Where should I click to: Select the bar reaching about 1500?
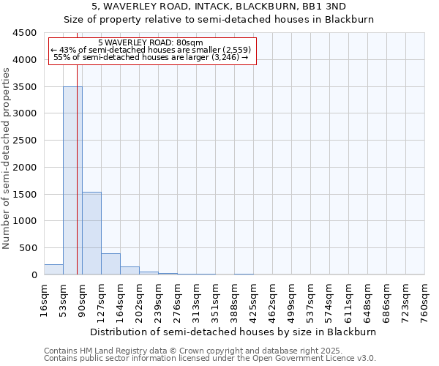coord(91,234)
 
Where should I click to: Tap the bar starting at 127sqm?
coord(110,264)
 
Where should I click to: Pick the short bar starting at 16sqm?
coord(53,269)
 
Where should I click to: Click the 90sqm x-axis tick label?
coord(83,296)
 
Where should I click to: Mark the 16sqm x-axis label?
coord(45,296)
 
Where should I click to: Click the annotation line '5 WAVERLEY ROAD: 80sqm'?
coord(151,43)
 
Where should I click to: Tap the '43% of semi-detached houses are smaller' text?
coord(151,51)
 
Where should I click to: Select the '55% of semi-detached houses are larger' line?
coord(151,58)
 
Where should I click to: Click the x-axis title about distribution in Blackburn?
coord(234,332)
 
